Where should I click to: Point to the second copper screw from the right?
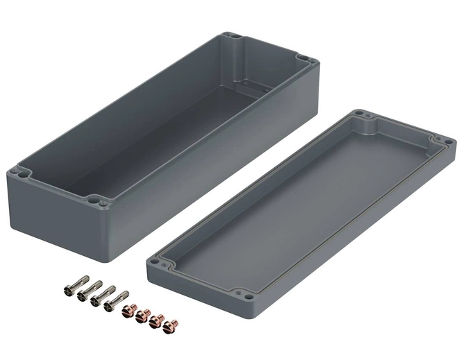coord(156,319)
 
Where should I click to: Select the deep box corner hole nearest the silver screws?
coord(104,203)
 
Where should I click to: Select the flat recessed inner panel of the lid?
coord(298,208)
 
